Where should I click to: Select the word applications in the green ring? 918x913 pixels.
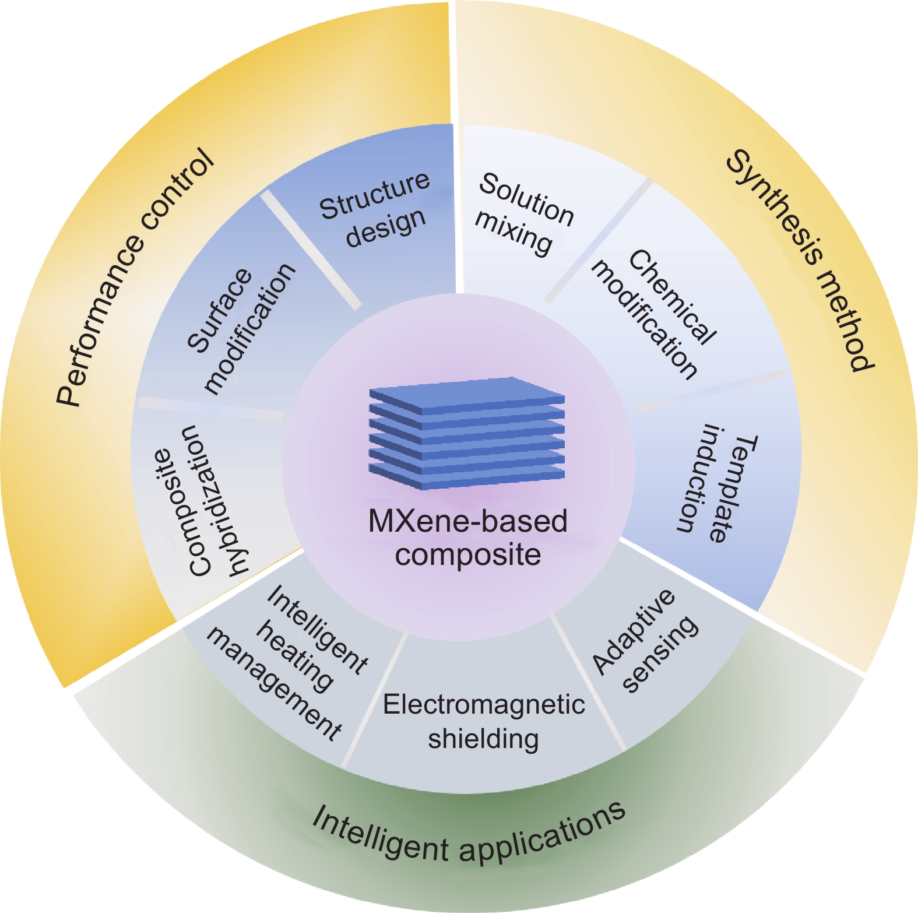coord(542,831)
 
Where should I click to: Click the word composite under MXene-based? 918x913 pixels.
coord(467,554)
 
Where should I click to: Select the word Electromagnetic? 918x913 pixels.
coord(484,704)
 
